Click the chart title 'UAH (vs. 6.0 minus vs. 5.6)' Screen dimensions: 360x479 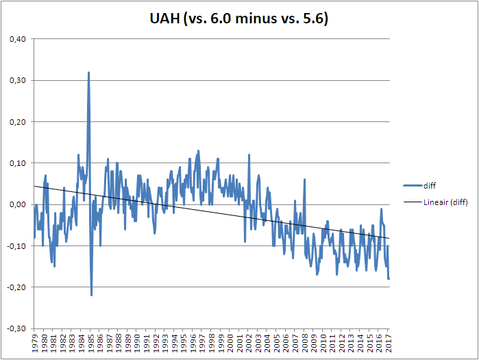coord(238,20)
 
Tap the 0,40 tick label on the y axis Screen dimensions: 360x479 coord(17,39)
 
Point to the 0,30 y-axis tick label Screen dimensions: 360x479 coord(17,80)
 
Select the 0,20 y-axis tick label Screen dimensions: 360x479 coord(17,122)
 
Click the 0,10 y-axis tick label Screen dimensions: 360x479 coord(17,163)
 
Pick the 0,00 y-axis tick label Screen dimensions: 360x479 coord(17,204)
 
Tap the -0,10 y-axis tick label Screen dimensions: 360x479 coord(16,245)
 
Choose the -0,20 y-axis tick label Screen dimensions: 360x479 coord(16,287)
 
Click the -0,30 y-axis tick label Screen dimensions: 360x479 coord(16,328)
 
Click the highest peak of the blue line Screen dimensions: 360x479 coord(88,73)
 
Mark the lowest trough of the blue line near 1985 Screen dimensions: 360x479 coord(91,295)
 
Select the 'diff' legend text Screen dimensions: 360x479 coord(430,184)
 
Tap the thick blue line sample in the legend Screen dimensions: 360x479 coord(408,184)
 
